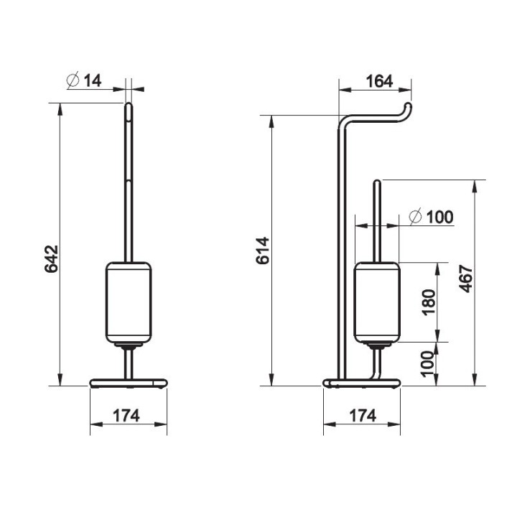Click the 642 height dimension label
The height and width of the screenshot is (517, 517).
[51, 258]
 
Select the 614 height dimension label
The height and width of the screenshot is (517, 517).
[263, 251]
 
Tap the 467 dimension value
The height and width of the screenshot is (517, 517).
[466, 279]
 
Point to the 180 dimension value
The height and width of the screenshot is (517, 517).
[429, 302]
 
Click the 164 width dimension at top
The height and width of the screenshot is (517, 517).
[380, 81]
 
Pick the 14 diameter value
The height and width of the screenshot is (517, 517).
[93, 80]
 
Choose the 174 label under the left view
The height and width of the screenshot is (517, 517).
[126, 416]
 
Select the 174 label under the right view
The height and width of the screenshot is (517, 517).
[363, 416]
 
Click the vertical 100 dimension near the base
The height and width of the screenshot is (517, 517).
[428, 364]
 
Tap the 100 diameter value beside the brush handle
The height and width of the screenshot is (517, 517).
[440, 217]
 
